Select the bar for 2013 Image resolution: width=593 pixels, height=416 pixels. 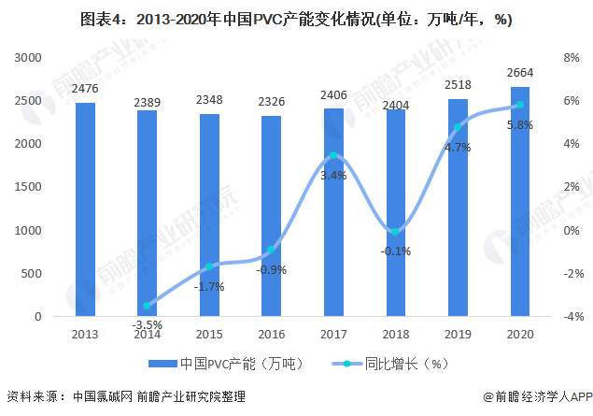coord(85,209)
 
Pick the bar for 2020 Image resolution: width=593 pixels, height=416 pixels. coord(520,201)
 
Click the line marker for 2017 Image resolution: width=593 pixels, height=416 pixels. coord(334,155)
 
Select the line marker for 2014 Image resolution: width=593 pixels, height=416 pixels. coord(147,306)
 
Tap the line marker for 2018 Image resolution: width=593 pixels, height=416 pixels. coord(396,232)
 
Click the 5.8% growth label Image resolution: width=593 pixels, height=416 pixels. coord(519,124)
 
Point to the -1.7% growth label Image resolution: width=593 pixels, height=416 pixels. coord(209,286)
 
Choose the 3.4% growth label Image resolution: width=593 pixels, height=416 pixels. coord(333,175)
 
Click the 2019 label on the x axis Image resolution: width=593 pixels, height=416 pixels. coord(458,334)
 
